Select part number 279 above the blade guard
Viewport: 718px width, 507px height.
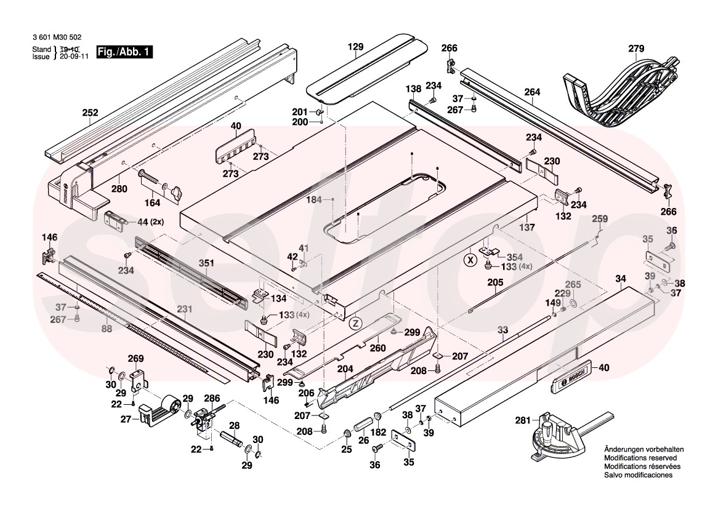(x=635, y=49)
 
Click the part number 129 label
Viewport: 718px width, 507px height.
(x=355, y=47)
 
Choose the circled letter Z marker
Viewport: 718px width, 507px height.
(x=355, y=322)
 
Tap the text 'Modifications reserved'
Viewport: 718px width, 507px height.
(x=640, y=458)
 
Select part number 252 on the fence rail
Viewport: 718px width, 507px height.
(x=91, y=113)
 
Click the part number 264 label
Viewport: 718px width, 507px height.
(x=532, y=92)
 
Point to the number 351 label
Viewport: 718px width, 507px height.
(x=206, y=263)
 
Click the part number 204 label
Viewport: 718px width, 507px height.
(x=345, y=369)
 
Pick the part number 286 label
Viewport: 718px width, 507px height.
(x=211, y=398)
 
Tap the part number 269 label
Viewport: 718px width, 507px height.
(x=135, y=359)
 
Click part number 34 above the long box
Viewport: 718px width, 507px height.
(x=621, y=279)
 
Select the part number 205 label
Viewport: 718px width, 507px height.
(x=495, y=282)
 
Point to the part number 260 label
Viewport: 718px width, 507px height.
(x=377, y=348)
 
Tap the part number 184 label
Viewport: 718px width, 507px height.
(x=315, y=199)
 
